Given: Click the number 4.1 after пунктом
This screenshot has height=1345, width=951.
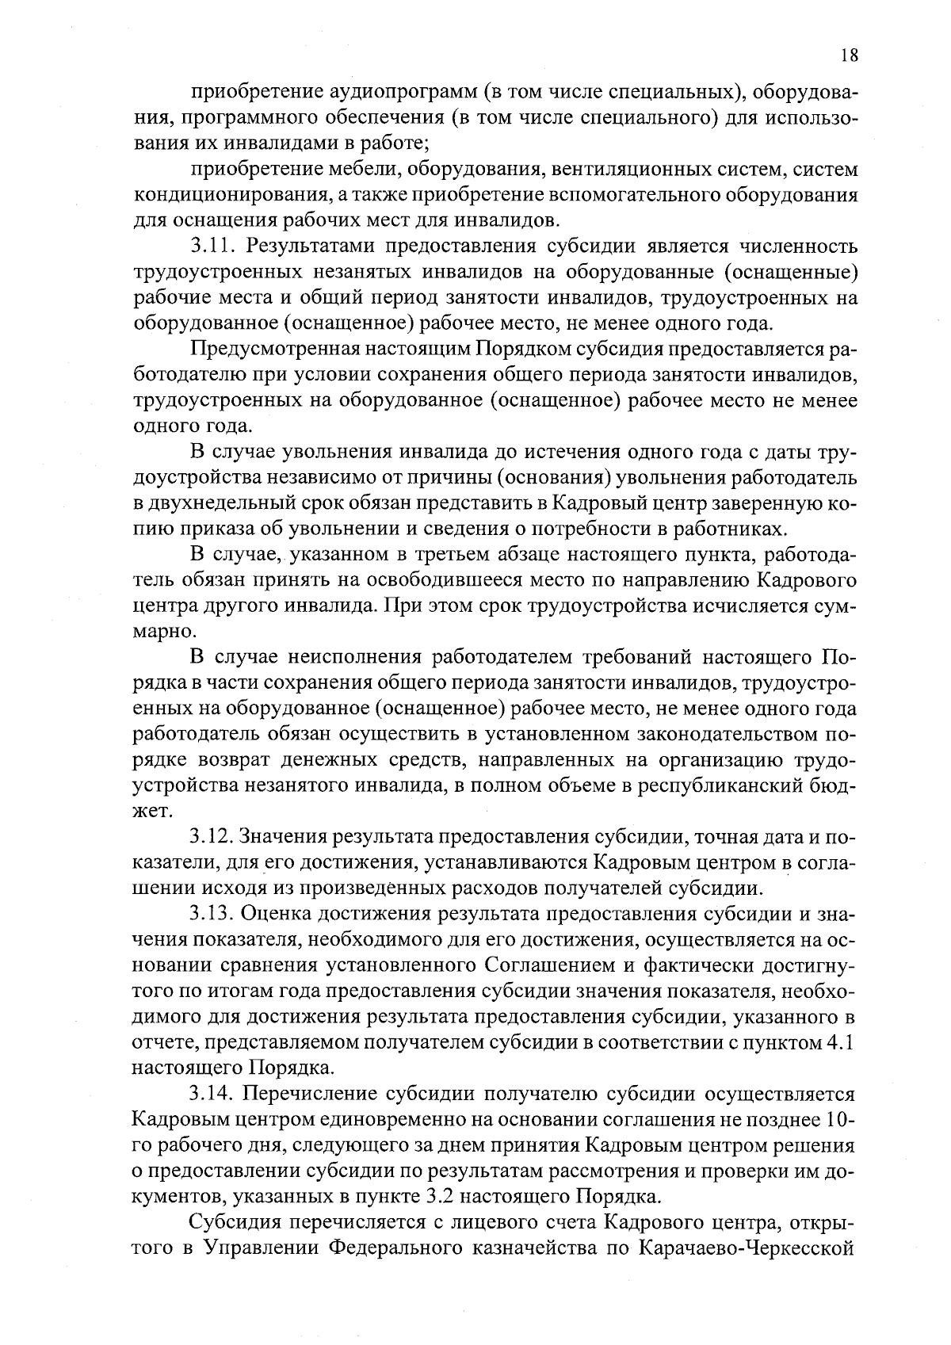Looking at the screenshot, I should click(838, 1043).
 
